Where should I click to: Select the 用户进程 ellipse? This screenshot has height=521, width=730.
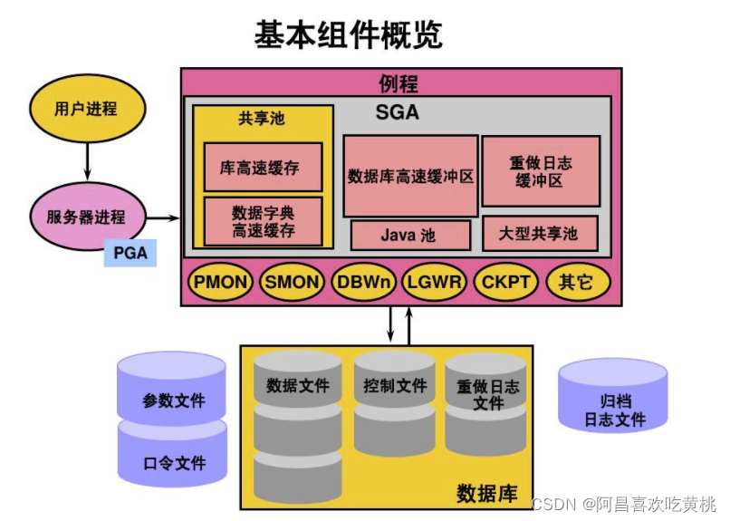click(86, 109)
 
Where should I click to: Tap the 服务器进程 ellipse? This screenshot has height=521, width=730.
click(86, 217)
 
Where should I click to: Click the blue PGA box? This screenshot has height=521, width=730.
click(130, 253)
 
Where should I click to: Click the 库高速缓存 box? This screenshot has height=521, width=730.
click(263, 168)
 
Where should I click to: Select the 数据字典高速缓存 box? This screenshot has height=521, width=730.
click(263, 221)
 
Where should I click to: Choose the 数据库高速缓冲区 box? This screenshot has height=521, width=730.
click(410, 176)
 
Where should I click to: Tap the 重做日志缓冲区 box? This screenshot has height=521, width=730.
click(540, 171)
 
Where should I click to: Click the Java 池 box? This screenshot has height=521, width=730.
click(409, 235)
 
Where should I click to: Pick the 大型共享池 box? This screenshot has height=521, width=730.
click(540, 234)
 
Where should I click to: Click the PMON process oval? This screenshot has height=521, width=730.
click(220, 282)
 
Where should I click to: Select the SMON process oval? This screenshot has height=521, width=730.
click(292, 282)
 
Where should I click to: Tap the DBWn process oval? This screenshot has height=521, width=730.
click(363, 282)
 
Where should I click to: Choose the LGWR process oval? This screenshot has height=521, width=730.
click(434, 282)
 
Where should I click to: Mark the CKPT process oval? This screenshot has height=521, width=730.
click(505, 282)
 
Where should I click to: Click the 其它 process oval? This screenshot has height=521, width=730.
click(576, 282)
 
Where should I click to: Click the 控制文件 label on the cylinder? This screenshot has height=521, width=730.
click(395, 386)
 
